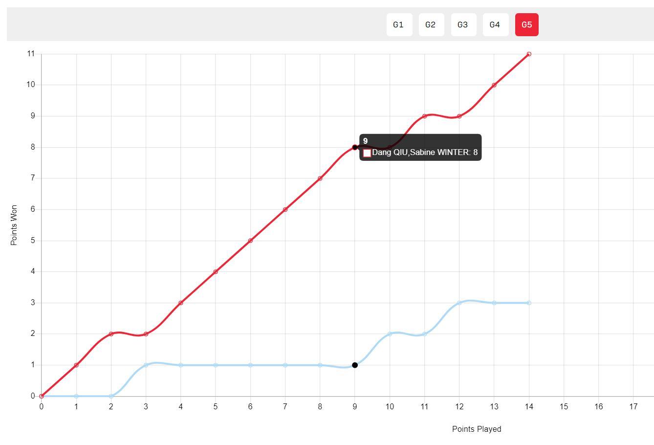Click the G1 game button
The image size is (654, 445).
point(399,24)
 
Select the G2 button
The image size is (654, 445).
point(431,24)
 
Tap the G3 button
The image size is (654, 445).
point(463,24)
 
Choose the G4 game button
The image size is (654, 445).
point(495,24)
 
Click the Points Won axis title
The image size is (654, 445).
point(14,225)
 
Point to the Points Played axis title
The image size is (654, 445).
point(477,429)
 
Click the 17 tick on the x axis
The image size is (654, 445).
point(633,406)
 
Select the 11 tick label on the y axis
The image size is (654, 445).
point(31,54)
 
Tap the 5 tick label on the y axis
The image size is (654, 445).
point(32,241)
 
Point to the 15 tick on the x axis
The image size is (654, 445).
point(564,406)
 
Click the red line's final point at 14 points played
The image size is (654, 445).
point(529,54)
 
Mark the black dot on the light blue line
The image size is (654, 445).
point(355,365)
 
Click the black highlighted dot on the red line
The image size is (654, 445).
point(355,147)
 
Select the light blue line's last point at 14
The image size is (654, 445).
point(529,303)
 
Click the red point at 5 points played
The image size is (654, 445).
point(216,272)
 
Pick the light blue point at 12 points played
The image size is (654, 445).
point(459,303)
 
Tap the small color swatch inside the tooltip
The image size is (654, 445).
point(367,153)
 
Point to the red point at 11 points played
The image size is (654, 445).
point(424,116)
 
